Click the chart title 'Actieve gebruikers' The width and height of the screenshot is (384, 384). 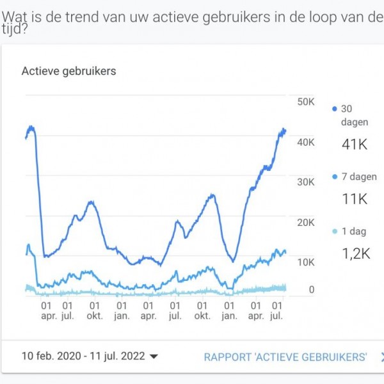(x=68, y=71)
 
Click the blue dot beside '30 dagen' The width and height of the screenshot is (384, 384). (x=335, y=109)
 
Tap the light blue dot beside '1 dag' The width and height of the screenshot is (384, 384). (x=335, y=231)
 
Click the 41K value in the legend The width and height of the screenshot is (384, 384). (x=355, y=145)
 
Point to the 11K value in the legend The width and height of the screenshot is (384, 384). (x=354, y=200)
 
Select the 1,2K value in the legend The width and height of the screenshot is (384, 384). (x=356, y=254)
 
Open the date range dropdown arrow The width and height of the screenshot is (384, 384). (x=154, y=357)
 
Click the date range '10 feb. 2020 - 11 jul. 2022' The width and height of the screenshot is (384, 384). (x=83, y=356)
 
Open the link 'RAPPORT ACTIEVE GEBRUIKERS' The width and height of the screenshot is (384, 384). (x=285, y=356)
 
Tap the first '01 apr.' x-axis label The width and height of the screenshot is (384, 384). (x=49, y=310)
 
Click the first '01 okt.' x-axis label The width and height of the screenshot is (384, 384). (x=94, y=310)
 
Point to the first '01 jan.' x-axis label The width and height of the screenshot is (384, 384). (x=121, y=310)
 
